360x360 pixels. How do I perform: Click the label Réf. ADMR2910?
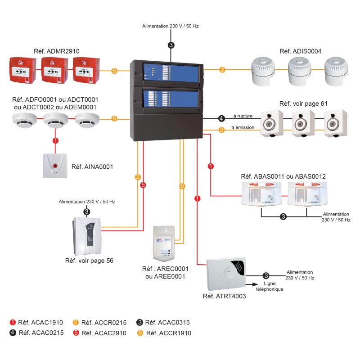pos(56,51)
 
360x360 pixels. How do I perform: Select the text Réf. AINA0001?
pos(92,167)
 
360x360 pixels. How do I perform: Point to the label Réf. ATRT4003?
pos(224,296)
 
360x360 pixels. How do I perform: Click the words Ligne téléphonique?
pos(270,286)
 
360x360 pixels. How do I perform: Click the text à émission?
pos(243,127)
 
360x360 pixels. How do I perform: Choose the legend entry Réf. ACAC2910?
pos(101,333)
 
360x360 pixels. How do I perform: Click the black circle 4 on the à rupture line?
pos(221,119)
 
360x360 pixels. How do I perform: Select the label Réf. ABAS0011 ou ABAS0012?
pos(283,176)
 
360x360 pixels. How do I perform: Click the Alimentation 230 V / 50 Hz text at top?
pos(171,26)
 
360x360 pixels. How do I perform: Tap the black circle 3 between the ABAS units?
pos(283,216)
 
